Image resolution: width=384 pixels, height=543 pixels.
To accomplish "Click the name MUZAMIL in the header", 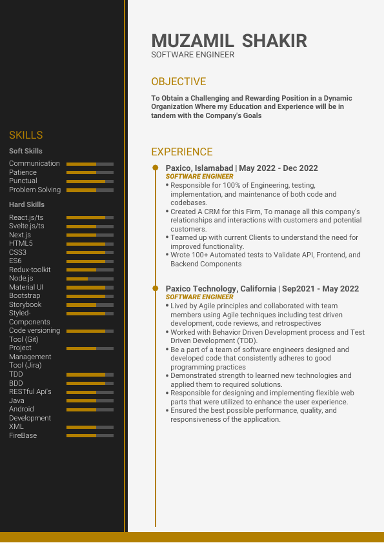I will coord(192,41).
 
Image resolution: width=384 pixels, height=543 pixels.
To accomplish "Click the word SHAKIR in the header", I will coord(274,41).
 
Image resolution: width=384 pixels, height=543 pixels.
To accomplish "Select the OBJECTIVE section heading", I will coord(179,82).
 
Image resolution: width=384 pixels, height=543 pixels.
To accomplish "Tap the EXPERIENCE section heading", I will coord(182,152).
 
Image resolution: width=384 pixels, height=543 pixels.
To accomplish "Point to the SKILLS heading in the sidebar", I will coord(26,135).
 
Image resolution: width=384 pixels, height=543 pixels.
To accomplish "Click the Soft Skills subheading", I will coord(26,151).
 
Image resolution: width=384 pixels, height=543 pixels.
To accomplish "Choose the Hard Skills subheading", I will coord(26,204).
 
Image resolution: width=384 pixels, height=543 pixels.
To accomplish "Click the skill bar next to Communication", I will coord(90,164).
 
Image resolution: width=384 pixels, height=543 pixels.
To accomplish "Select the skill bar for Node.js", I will coord(90,279).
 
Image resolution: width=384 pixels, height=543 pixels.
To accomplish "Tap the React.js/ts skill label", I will coord(26,218).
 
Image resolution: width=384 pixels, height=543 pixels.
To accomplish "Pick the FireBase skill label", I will coord(23,436).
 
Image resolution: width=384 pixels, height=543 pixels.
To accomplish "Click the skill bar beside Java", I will coord(90,400).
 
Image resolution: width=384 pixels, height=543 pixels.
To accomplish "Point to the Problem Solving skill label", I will coord(35,190).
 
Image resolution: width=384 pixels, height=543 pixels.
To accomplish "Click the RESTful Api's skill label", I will coord(30,391).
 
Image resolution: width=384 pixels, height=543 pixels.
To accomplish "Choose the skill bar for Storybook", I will coord(90,305).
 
